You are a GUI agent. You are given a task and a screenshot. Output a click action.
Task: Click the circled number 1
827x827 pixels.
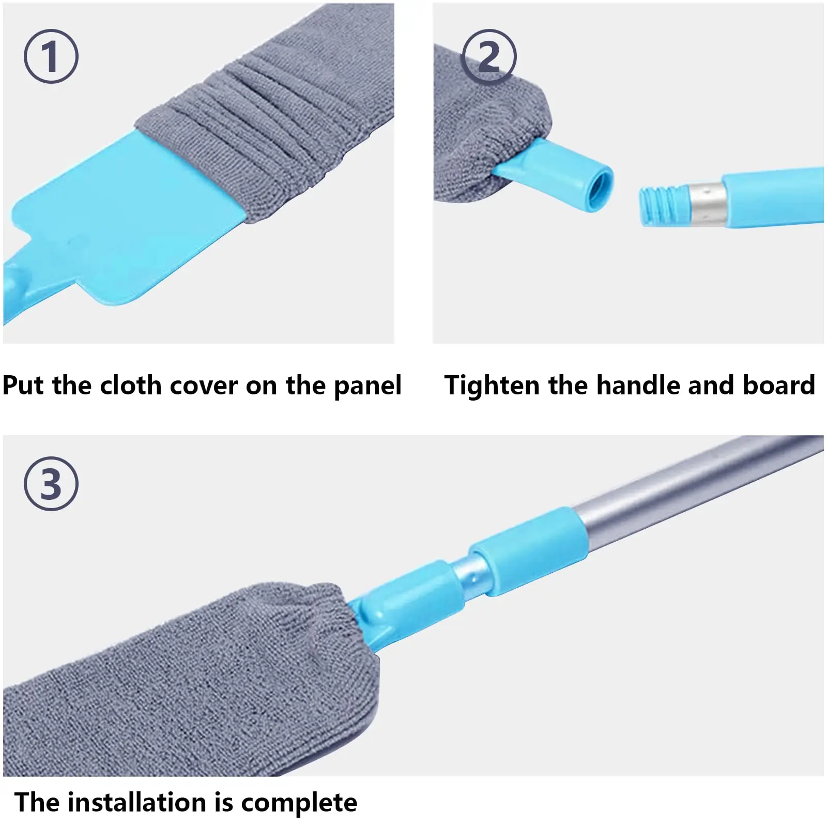click(x=51, y=56)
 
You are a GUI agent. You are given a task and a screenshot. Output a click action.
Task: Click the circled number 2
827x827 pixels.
click(x=488, y=57)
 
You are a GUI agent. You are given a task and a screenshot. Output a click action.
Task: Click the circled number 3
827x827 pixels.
click(x=51, y=484)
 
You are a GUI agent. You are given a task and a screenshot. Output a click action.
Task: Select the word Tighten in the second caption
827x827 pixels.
click(x=492, y=386)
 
